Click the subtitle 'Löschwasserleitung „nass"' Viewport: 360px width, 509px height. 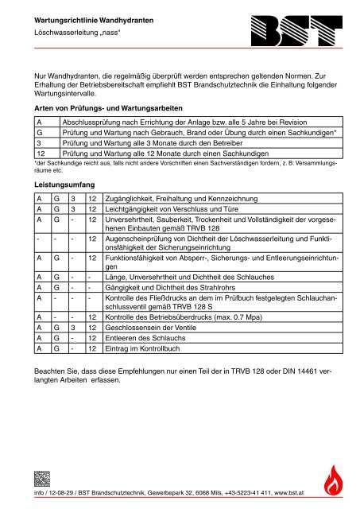[72, 36]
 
